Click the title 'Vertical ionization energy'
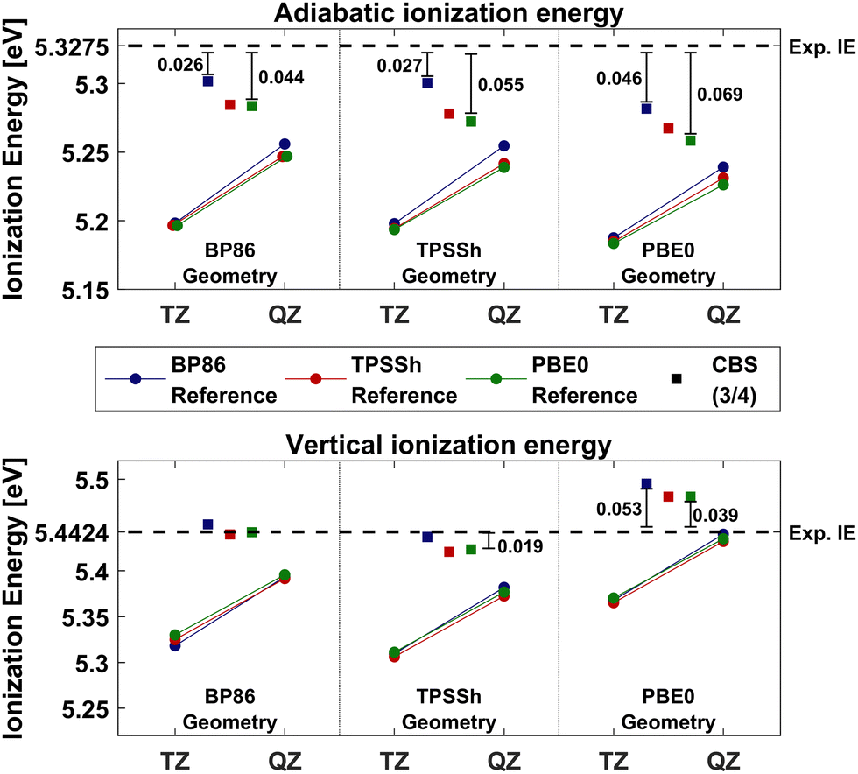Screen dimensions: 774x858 click(x=448, y=445)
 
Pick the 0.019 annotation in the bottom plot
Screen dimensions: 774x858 click(x=522, y=546)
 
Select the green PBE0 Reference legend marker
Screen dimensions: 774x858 click(x=496, y=378)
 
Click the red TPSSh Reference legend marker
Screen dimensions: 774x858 click(x=316, y=378)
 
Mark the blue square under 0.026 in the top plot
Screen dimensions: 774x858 click(x=208, y=81)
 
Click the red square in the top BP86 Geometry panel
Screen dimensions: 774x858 click(x=230, y=105)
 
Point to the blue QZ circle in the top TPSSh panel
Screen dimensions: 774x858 click(x=504, y=145)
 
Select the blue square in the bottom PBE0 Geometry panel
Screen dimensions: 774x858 click(x=647, y=484)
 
